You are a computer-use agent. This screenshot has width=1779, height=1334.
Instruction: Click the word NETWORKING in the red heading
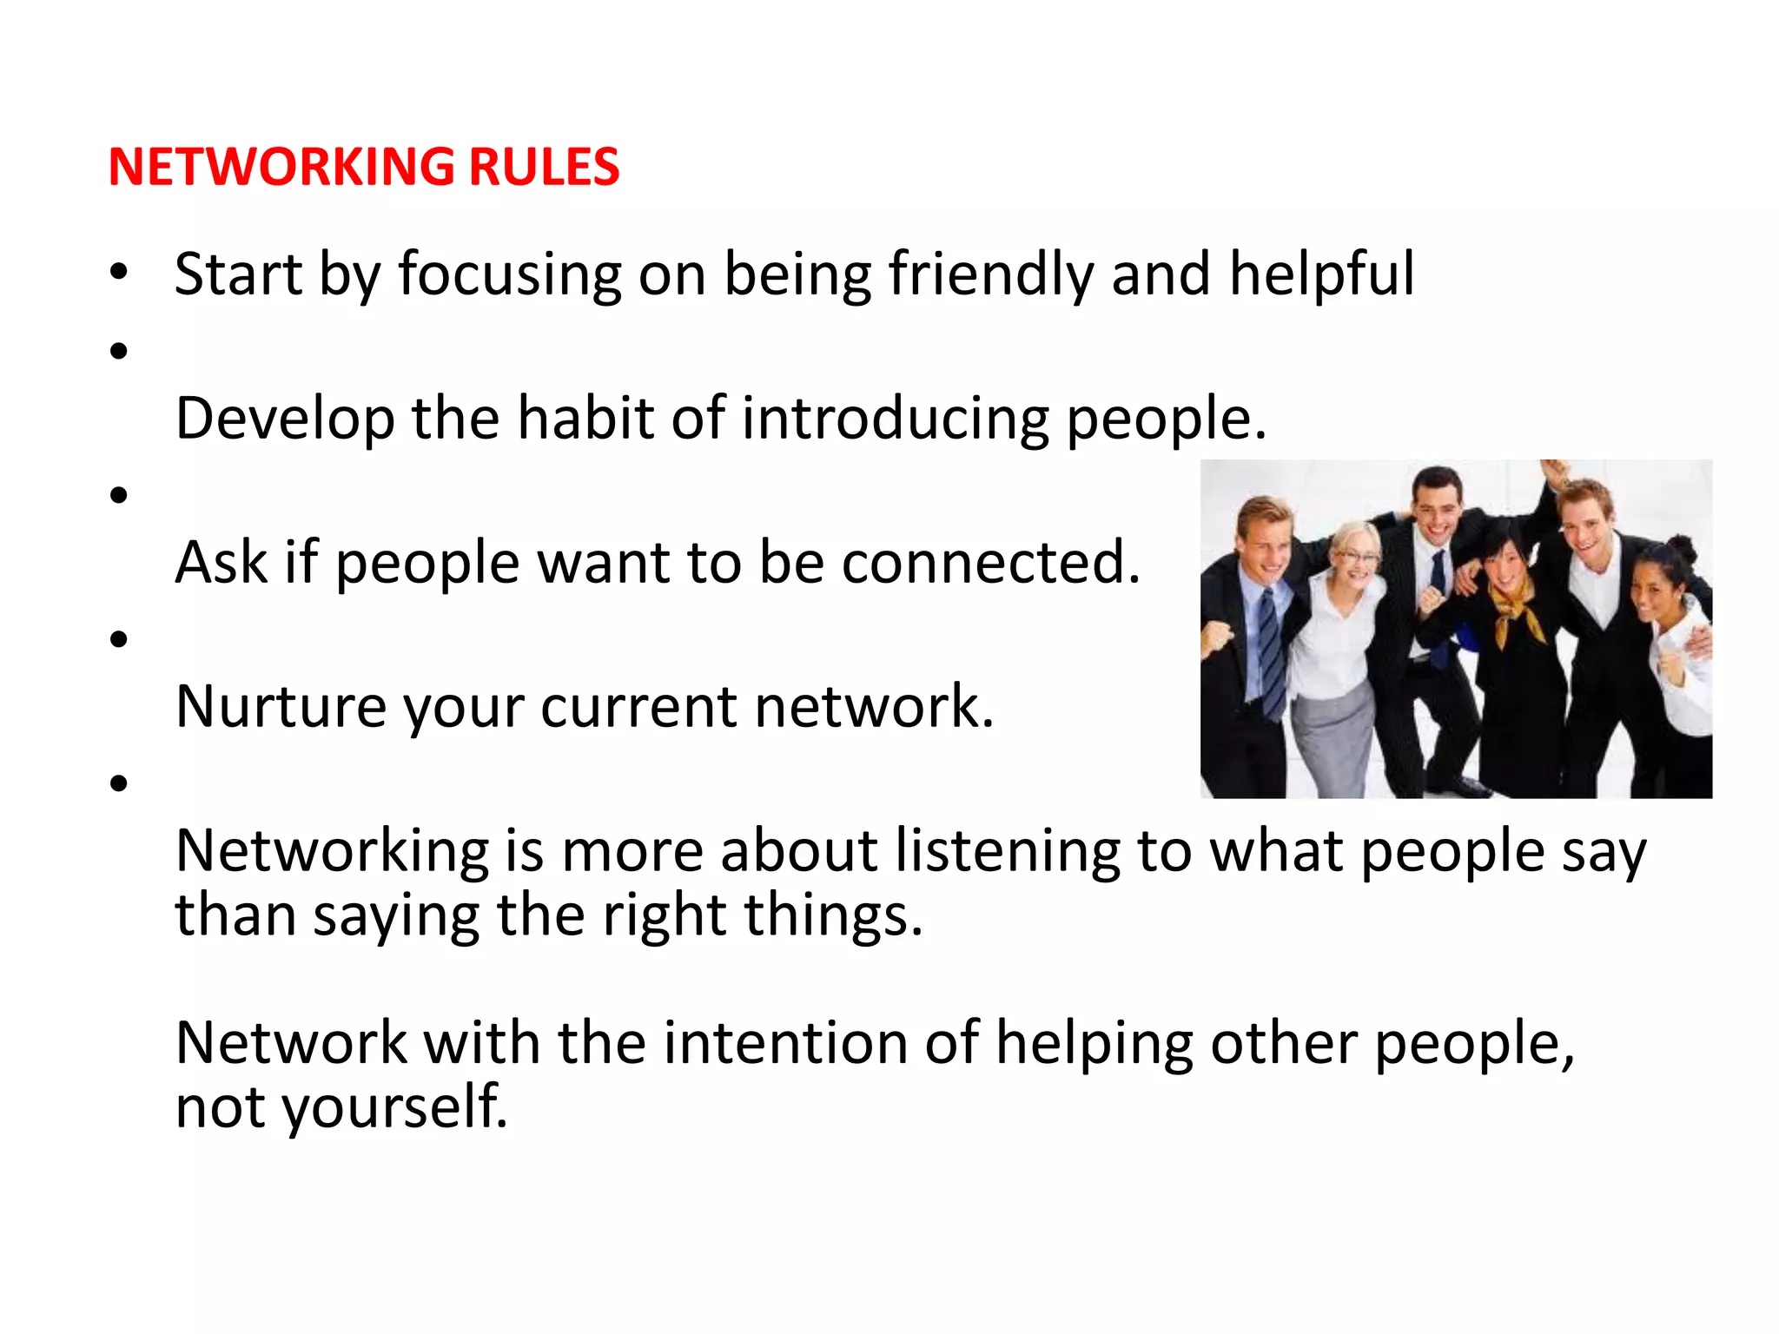tap(281, 167)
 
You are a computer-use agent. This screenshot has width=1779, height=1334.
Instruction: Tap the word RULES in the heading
tap(544, 167)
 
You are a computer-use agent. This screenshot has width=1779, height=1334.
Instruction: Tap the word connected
tap(990, 563)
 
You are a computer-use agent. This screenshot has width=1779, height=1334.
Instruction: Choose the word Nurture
tap(281, 707)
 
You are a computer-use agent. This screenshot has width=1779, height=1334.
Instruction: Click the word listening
tap(1008, 851)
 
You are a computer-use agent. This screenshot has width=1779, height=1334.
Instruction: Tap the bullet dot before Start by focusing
tap(119, 272)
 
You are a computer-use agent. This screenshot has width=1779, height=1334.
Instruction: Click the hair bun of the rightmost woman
tap(1682, 548)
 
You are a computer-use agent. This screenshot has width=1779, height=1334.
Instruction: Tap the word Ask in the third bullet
tap(221, 563)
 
